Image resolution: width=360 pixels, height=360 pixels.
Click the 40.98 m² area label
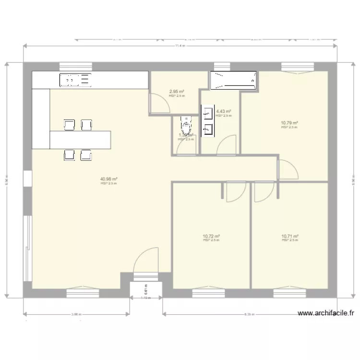tap(109, 179)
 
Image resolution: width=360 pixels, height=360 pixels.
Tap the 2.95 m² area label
tap(177, 91)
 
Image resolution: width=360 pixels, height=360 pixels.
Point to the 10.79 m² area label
tap(289, 123)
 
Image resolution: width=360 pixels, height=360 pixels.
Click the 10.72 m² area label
tap(211, 236)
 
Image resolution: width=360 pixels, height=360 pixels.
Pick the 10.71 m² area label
tap(290, 236)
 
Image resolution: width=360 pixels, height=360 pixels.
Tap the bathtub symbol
tap(233, 81)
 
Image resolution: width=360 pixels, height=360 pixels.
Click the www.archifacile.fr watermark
tap(326, 313)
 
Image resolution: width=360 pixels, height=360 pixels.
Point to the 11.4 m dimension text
tap(180, 46)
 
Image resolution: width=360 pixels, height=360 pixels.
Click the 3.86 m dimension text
tap(76, 315)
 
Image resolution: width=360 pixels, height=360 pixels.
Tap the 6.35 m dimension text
tap(248, 315)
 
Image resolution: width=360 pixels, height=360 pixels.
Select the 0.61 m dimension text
tap(146, 288)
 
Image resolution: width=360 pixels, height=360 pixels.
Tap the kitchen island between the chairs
tap(80, 139)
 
